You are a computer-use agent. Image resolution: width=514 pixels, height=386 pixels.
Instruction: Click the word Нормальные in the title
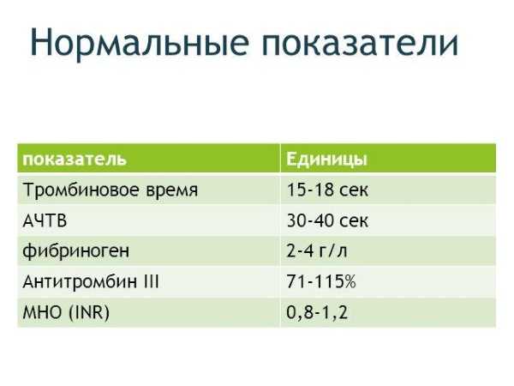coord(140,43)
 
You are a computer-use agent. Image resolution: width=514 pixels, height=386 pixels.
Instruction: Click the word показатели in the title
coord(360,43)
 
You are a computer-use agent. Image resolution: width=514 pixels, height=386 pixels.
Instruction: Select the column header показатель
coord(75,159)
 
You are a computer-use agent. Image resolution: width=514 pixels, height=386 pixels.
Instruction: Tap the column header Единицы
coord(327,160)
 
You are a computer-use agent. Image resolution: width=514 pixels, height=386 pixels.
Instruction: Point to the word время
coord(172,191)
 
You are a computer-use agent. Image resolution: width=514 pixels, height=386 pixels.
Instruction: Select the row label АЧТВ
coord(45,220)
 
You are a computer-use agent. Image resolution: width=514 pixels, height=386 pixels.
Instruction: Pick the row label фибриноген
coord(76,251)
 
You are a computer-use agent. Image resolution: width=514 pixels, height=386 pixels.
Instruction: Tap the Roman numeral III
coord(151,281)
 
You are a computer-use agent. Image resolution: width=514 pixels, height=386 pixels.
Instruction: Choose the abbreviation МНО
coord(42,312)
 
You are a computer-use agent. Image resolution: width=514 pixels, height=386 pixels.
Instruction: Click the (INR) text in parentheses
coord(89,312)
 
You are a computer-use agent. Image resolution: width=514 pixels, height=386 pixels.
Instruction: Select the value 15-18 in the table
coord(310,190)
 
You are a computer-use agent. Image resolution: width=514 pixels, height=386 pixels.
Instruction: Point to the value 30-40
coord(310,220)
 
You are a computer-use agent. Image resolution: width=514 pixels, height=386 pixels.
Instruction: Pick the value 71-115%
coord(321,281)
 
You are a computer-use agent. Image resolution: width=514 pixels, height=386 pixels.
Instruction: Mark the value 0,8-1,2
coord(317,312)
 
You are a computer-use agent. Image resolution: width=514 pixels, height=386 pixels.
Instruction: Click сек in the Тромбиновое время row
coord(354,191)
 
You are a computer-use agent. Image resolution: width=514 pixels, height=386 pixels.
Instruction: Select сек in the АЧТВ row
coord(354,221)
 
